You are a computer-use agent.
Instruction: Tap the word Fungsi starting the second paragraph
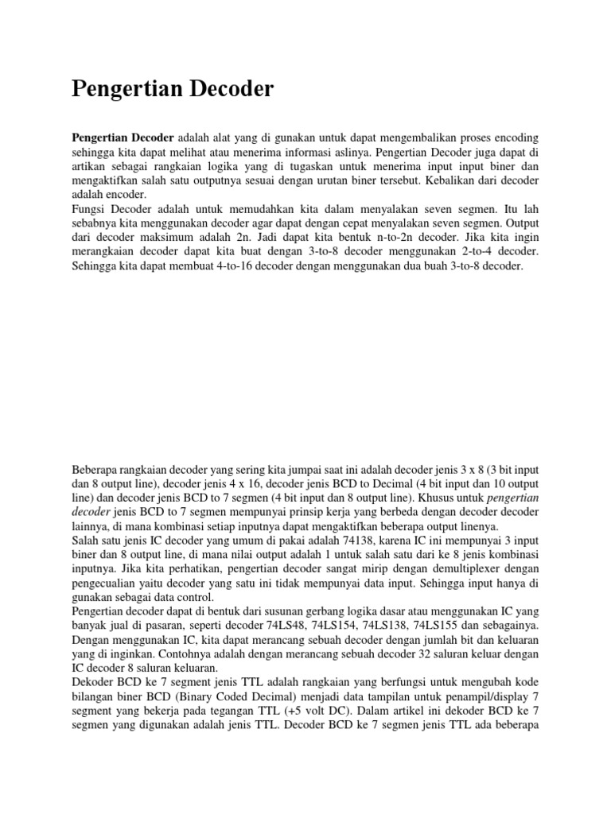click(x=90, y=207)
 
